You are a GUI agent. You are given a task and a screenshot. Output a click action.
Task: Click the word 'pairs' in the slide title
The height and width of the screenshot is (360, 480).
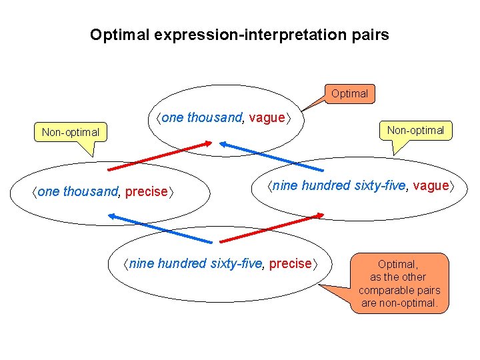point(370,35)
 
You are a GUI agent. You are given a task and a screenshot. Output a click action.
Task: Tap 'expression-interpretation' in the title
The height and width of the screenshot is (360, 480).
point(251,35)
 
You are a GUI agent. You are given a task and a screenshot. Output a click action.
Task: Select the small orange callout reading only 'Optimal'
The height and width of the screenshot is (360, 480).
point(349,93)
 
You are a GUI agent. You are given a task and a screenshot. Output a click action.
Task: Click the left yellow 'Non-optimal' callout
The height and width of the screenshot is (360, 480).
point(70,132)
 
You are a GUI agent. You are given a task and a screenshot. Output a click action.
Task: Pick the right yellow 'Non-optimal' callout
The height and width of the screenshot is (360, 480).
point(416,130)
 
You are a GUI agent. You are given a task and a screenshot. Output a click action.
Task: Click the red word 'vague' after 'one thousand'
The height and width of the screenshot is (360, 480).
point(267,118)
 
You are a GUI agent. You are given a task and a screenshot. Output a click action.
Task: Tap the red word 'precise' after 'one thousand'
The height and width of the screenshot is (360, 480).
point(147,192)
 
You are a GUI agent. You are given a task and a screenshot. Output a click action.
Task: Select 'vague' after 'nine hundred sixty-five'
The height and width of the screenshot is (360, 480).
point(431,186)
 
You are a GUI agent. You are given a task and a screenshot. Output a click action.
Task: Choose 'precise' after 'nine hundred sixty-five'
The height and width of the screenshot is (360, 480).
point(291,263)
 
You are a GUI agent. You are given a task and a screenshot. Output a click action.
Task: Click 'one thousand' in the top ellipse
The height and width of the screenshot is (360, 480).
point(202,118)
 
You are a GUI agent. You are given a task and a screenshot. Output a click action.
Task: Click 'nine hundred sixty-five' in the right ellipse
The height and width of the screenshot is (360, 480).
point(339,186)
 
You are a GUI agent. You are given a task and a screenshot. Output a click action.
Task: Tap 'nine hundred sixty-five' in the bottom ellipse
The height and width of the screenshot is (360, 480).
point(197,263)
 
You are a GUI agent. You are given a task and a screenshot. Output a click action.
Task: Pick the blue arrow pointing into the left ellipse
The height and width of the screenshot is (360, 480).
point(160,227)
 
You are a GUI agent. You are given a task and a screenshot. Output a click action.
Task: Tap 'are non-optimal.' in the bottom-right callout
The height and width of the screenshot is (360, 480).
point(399,303)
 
